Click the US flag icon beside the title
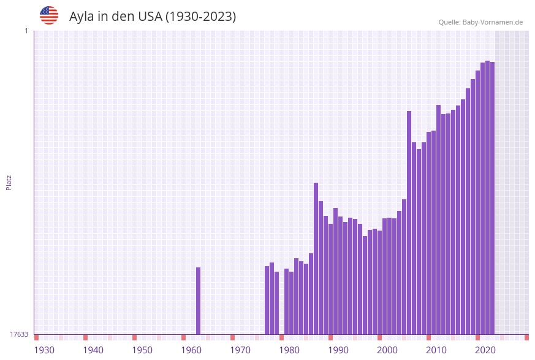coord(49,15)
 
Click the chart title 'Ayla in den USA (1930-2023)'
coord(153,17)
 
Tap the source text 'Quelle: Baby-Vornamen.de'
coord(480,22)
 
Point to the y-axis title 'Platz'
coord(9,182)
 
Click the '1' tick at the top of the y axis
coord(26,31)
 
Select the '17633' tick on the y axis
coord(19,334)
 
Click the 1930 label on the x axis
coord(44,350)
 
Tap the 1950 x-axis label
coord(142,350)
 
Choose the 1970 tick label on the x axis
coord(240,350)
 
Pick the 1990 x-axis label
coord(338,350)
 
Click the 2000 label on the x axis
coord(387,350)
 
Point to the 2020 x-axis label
coord(485,350)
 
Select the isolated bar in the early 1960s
coord(198,301)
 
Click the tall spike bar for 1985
coord(316,258)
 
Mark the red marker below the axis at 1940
coord(85,337)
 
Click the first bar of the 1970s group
coord(267,300)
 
